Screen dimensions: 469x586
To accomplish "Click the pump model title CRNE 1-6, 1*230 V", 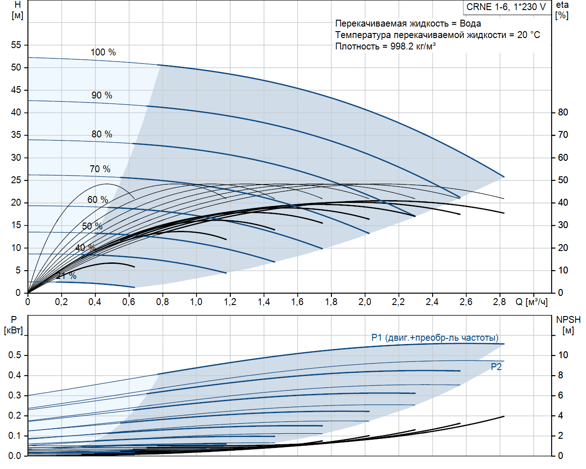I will point(506,7).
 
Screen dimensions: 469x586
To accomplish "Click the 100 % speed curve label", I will point(103,52).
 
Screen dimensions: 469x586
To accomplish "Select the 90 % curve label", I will point(102,95).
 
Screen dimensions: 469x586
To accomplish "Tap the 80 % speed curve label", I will point(102,134).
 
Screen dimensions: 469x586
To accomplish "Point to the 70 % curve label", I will point(100,169).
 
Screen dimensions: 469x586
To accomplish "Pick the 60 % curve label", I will point(98,200).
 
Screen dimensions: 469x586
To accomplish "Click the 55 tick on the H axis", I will point(16,45).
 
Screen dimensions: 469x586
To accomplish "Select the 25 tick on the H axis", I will point(16,180).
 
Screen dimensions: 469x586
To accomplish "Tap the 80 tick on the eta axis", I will point(563,112).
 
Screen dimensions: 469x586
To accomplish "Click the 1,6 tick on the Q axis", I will point(297,302).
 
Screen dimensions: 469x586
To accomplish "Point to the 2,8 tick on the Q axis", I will point(499,302).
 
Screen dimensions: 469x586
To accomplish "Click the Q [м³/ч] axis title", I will point(532,302).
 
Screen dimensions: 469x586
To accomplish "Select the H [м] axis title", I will point(17,10).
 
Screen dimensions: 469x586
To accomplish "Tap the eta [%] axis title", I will point(562,10).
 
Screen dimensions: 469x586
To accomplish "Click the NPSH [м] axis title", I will point(568,325).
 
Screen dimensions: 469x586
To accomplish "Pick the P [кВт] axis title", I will point(13,325).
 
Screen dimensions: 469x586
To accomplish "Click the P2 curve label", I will point(496,367).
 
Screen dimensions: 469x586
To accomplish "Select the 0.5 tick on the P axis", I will point(15,355).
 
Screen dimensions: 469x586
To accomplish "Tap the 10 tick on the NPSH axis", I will point(563,355).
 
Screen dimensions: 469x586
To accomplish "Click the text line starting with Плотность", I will point(385,46).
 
